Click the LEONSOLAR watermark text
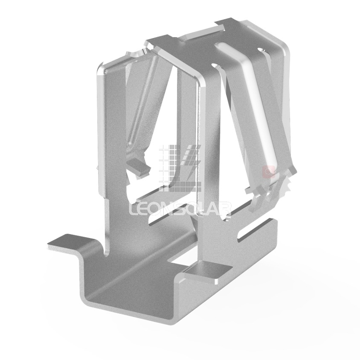(x=180, y=209)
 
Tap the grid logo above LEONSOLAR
(x=180, y=168)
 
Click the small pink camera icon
(x=269, y=171)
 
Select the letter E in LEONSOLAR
(x=144, y=209)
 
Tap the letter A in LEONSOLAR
(x=214, y=209)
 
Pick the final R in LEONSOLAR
(x=226, y=209)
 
